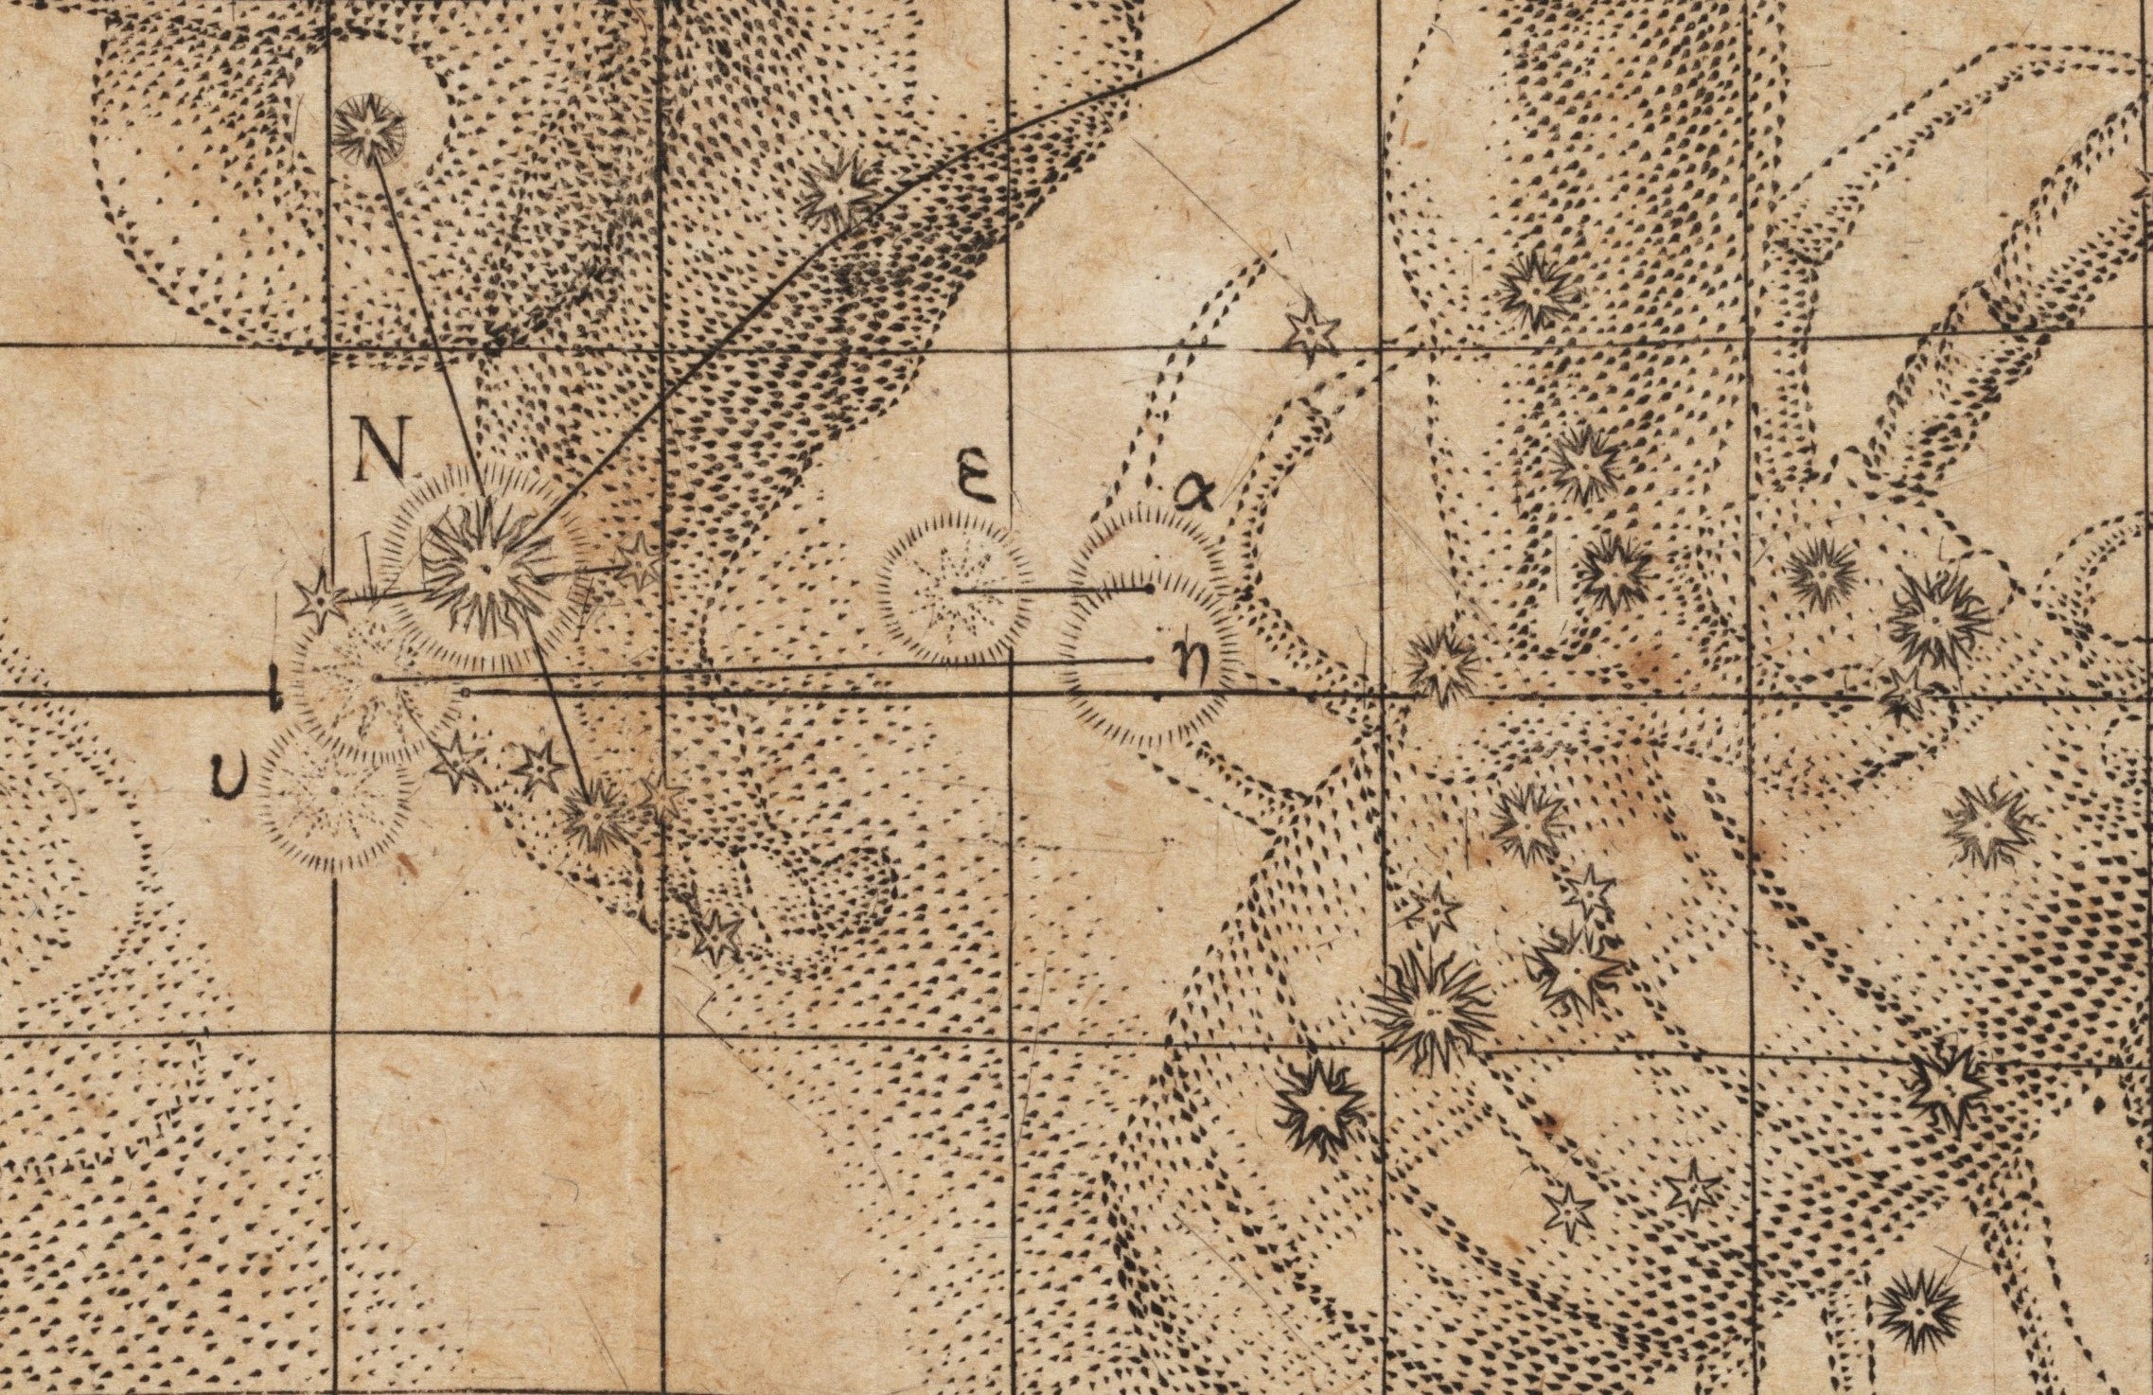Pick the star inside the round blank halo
tap(369, 132)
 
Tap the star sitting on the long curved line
tap(837, 193)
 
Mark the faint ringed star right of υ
tap(336, 790)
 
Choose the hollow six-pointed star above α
tap(1312, 330)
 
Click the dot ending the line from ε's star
tap(1149, 589)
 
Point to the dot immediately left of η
tap(1149, 659)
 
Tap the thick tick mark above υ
tap(274, 690)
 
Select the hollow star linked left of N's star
tap(320, 600)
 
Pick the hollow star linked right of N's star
tap(640, 560)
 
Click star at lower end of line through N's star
tap(594, 816)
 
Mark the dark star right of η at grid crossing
tap(1440, 665)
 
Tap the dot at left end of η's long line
tap(378, 679)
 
